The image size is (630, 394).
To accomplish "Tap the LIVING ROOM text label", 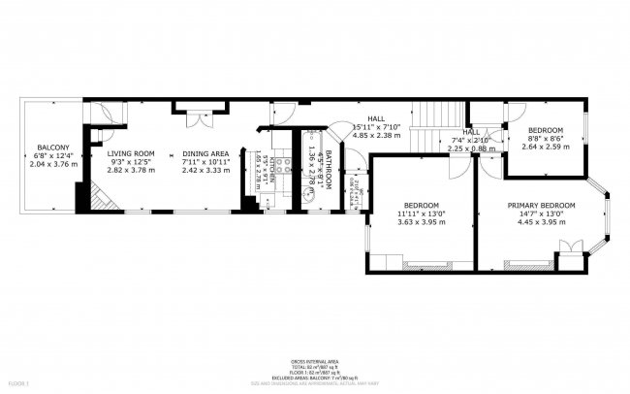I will tap(130, 153).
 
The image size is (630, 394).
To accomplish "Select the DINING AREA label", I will tap(205, 153).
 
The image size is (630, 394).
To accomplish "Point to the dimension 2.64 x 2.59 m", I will tap(545, 147).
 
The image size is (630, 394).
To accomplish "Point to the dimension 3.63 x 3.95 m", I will tap(422, 222).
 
